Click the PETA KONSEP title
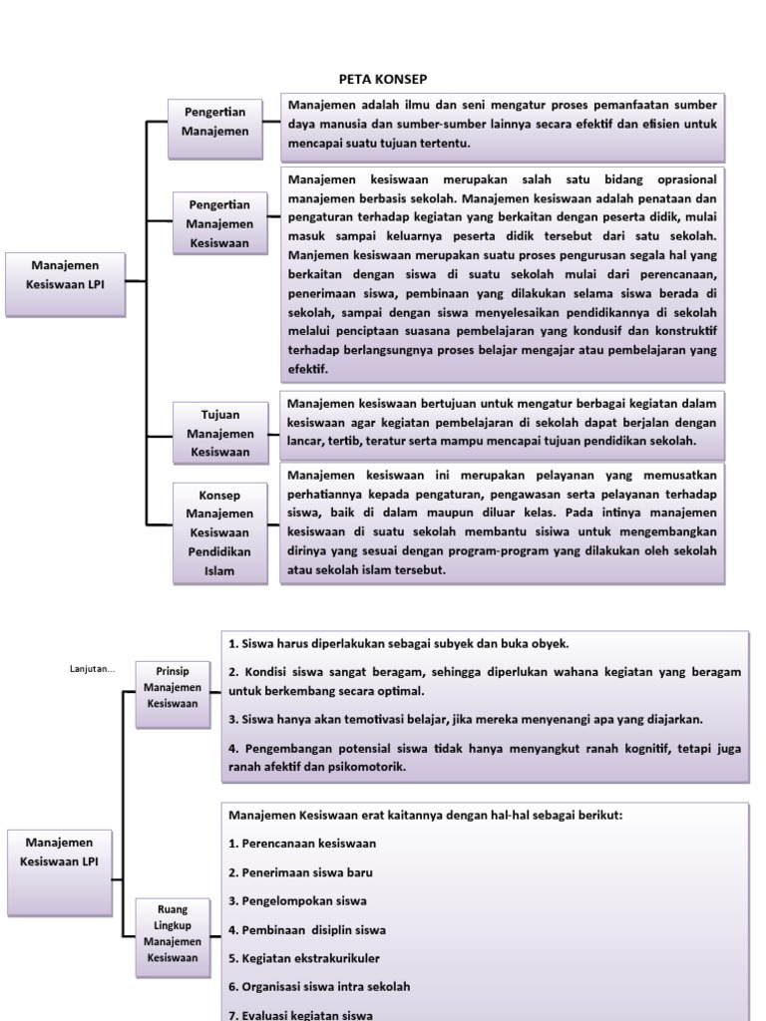(383, 79)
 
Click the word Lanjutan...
(93, 669)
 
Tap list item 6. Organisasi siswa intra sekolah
(319, 987)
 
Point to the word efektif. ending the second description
(308, 368)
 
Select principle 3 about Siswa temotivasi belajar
(466, 718)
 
